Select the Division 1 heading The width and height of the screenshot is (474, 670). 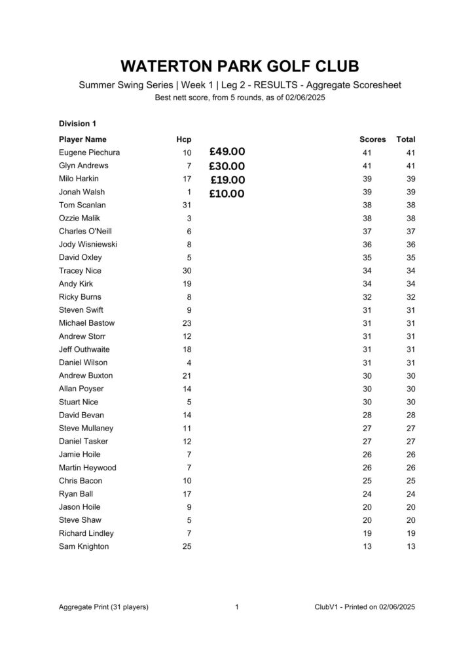click(77, 123)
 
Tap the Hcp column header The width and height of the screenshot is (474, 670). click(184, 139)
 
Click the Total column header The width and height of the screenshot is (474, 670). click(406, 139)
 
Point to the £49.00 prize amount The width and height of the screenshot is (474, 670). click(227, 152)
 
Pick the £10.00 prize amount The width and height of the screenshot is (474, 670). click(227, 194)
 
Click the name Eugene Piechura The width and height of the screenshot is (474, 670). click(89, 152)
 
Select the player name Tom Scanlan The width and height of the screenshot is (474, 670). click(82, 205)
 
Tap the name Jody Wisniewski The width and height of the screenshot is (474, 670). click(88, 244)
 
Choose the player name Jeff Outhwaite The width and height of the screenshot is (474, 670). click(84, 349)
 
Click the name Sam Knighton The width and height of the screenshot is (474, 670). click(84, 546)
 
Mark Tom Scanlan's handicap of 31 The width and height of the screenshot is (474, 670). click(187, 205)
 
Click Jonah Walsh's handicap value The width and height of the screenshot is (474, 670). click(189, 192)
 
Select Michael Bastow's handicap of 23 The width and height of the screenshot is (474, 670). click(187, 323)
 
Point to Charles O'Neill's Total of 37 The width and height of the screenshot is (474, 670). click(410, 231)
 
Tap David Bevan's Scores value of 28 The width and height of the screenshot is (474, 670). click(367, 415)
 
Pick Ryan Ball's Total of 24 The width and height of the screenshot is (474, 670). click(410, 494)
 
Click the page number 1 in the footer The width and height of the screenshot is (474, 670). click(236, 607)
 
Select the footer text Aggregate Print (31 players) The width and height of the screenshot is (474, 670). click(103, 607)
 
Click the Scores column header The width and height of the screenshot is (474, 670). click(373, 139)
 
